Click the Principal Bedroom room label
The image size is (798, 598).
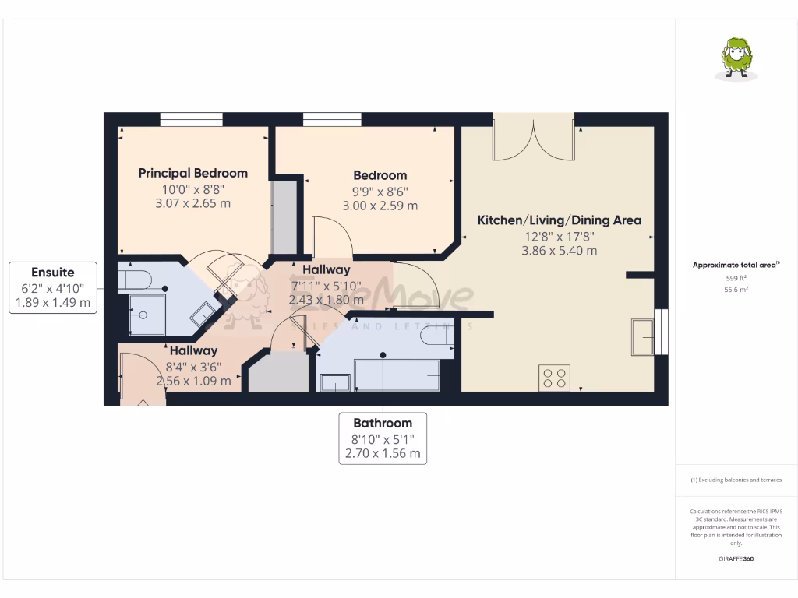click(x=192, y=173)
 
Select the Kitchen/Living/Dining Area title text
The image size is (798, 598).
click(x=559, y=220)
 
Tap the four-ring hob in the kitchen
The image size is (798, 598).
click(x=554, y=378)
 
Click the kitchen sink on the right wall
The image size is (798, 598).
click(x=644, y=332)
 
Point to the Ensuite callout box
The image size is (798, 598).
click(x=53, y=287)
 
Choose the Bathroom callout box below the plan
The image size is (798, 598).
click(x=383, y=438)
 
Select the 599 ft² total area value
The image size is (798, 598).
click(x=736, y=278)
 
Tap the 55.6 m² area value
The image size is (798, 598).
click(x=736, y=289)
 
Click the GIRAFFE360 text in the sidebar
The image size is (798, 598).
click(x=736, y=559)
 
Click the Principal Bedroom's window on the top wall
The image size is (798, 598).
click(x=191, y=119)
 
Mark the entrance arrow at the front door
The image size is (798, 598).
click(x=143, y=403)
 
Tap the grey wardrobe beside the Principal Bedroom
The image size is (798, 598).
click(x=284, y=217)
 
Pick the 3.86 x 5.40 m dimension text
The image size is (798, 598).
click(x=559, y=251)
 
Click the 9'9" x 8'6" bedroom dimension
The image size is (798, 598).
click(x=380, y=191)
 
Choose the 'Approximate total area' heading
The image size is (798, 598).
click(x=735, y=265)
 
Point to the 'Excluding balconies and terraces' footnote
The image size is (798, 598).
click(x=735, y=480)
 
